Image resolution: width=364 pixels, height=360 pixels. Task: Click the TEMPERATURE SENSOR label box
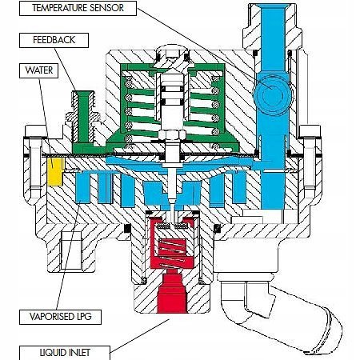(78, 8)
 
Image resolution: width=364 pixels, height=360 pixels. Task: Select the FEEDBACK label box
(54, 40)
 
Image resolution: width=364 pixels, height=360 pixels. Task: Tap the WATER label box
(38, 70)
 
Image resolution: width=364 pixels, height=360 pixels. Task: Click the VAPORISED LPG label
(60, 317)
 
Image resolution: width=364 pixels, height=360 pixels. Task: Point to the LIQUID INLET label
(65, 353)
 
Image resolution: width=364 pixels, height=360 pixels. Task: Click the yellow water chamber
(56, 171)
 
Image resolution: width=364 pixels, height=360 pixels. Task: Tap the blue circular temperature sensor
(272, 95)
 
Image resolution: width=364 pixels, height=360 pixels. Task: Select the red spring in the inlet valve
(171, 253)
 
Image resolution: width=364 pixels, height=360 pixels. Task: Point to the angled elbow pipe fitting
(280, 306)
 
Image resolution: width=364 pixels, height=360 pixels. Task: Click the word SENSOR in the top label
(106, 8)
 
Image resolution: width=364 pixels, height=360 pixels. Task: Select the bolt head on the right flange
(310, 131)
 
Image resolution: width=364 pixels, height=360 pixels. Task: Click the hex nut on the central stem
(172, 134)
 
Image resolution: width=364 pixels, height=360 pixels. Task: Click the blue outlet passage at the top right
(273, 38)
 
